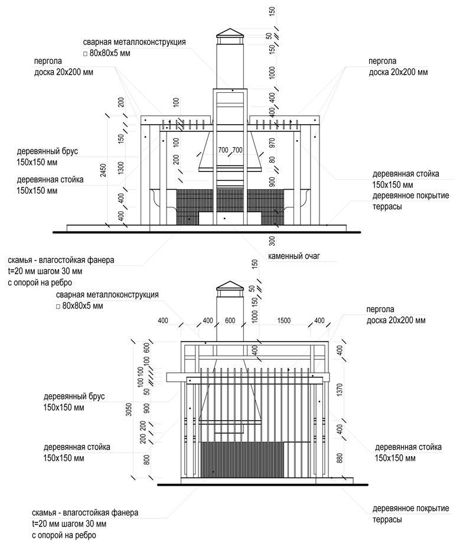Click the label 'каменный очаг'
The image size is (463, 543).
tap(294, 257)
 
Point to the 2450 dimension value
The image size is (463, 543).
tap(104, 171)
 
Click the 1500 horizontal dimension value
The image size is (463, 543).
tap(285, 320)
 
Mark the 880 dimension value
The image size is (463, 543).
tap(339, 457)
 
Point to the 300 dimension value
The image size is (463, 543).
tap(272, 240)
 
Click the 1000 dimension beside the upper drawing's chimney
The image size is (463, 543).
tap(272, 73)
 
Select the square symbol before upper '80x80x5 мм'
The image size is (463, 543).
tap(85, 54)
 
